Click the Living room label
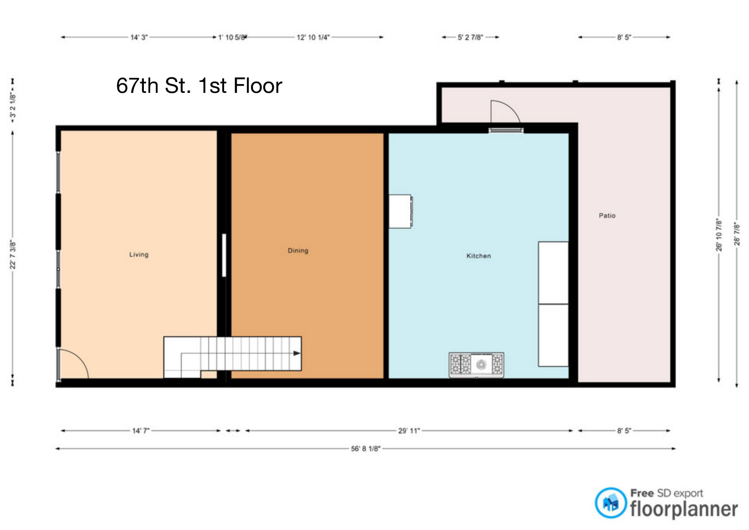click(139, 255)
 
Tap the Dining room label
click(298, 251)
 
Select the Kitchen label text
click(479, 256)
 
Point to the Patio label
click(607, 215)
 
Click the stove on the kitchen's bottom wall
click(476, 364)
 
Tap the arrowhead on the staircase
click(296, 353)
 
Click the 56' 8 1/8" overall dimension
click(366, 449)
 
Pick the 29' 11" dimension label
click(409, 431)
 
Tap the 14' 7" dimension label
click(141, 431)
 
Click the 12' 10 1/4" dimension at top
click(313, 38)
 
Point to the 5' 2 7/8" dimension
click(470, 38)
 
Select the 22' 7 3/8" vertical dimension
click(13, 255)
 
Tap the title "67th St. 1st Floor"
click(199, 86)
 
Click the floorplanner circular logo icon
click(611, 503)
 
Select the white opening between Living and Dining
click(224, 255)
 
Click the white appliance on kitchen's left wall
click(400, 211)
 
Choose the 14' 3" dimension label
click(139, 38)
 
